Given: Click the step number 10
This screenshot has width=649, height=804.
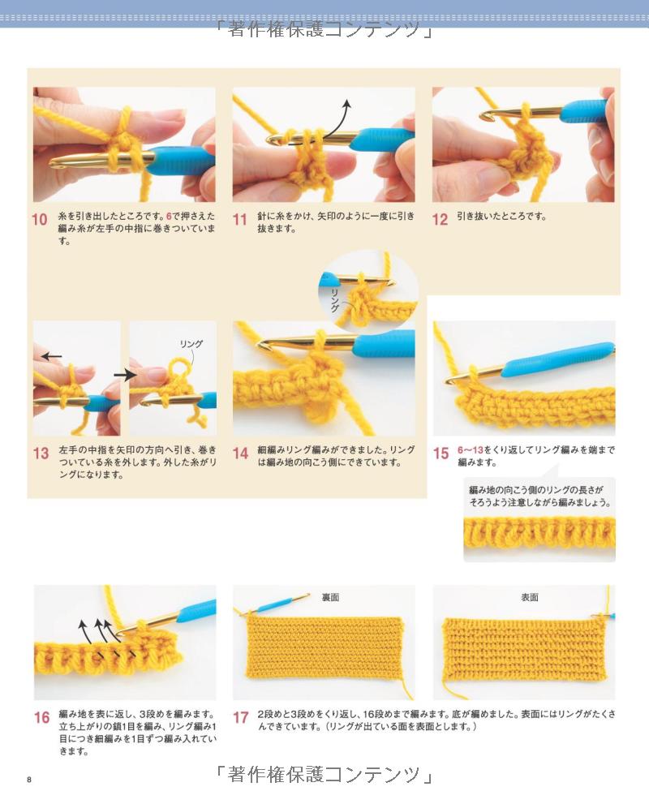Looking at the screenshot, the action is point(40,220).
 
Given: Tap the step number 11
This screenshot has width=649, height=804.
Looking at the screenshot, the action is point(240,220).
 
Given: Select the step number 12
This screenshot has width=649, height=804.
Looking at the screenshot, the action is point(440,220).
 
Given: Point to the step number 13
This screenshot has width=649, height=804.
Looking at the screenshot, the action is point(41,454).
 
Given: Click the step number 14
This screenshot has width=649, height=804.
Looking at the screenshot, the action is point(240,454).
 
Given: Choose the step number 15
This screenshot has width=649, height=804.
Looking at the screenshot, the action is point(441,454).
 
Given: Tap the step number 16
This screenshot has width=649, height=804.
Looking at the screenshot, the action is point(41,717).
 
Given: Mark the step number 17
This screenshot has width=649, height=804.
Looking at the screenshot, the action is point(241,717).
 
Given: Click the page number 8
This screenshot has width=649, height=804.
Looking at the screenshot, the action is point(29,780).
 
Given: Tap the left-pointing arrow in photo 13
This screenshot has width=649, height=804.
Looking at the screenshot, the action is point(51,356).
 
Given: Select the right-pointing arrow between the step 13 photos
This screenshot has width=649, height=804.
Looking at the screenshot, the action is point(125,376).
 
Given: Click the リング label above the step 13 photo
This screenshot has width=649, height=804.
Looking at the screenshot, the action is point(191,343).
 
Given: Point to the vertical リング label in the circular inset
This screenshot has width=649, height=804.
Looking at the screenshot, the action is point(335,300).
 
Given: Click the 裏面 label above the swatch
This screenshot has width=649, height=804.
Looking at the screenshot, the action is point(331,597).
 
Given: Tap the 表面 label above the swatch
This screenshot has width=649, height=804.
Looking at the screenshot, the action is point(530,597).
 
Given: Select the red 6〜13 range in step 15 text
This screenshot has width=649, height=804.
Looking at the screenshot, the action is point(471,449).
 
